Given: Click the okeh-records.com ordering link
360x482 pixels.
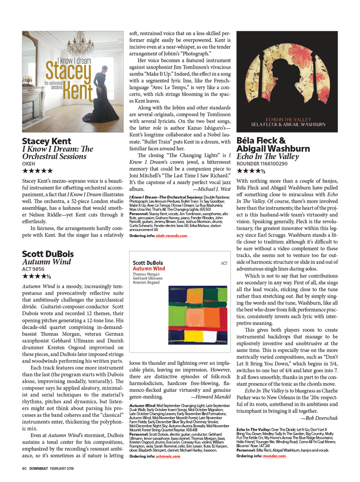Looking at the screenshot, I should (171, 236).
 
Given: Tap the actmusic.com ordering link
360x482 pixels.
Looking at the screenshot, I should (168, 456).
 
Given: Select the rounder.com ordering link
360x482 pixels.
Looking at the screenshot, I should (274, 456).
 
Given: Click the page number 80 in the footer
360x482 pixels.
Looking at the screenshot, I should (24, 469).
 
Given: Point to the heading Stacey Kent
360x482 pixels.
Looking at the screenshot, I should (46, 141).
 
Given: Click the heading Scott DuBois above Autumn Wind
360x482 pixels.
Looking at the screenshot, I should (48, 254).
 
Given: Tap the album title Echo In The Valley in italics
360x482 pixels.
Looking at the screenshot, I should (267, 156).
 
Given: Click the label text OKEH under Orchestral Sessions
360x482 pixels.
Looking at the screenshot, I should (29, 163).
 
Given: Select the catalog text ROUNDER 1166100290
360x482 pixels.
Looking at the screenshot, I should (262, 164).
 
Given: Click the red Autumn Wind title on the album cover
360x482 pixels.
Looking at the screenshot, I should (149, 268).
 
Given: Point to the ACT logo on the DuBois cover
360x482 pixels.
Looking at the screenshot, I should (224, 263).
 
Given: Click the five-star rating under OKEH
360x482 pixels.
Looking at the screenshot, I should (37, 171).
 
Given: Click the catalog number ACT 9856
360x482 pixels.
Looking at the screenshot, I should (33, 269).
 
